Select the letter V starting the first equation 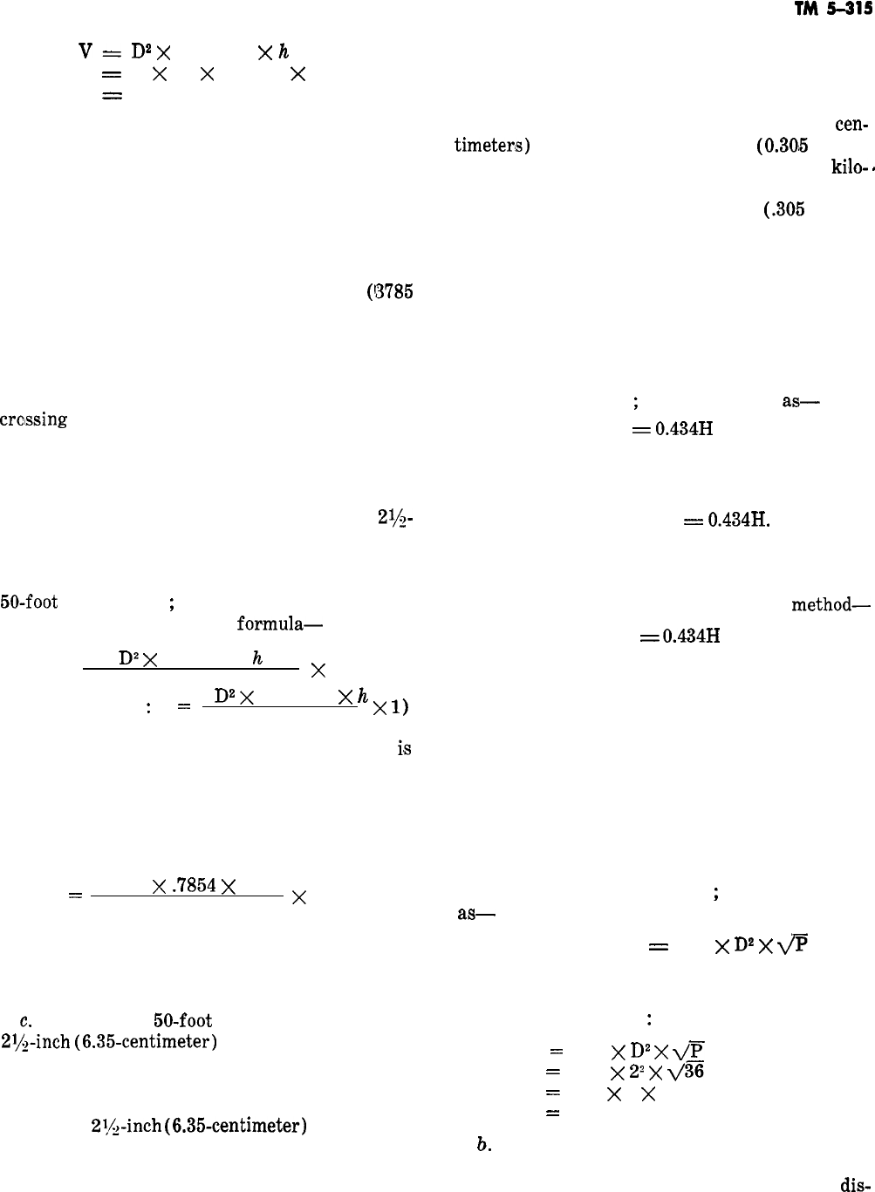pos(85,52)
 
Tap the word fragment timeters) pos(492,146)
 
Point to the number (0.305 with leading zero pos(782,146)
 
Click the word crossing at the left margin pos(34,419)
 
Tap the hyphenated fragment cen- pos(851,125)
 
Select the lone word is pos(404,748)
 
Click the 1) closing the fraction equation pos(391,709)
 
